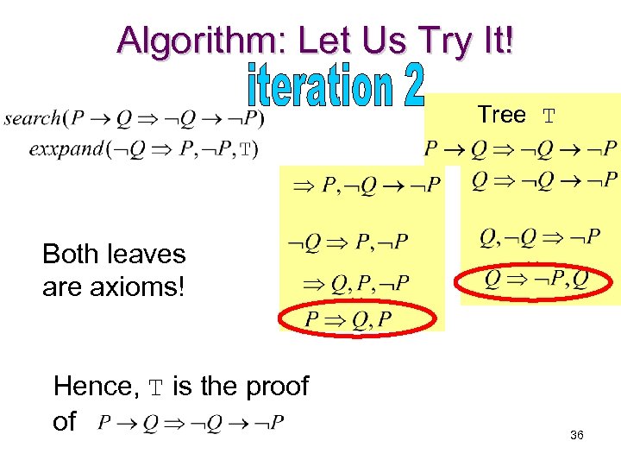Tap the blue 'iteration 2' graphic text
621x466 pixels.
click(336, 86)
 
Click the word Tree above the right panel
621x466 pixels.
click(501, 115)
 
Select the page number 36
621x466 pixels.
click(577, 436)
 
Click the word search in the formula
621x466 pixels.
click(33, 117)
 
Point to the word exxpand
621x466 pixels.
click(65, 149)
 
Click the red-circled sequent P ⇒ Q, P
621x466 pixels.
click(348, 320)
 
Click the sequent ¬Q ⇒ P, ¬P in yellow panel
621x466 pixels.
click(348, 241)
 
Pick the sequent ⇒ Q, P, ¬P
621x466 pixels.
click(354, 282)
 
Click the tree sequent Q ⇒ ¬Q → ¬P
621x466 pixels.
click(544, 179)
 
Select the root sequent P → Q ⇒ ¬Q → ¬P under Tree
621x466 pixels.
click(521, 148)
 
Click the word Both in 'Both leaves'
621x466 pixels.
click(72, 254)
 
